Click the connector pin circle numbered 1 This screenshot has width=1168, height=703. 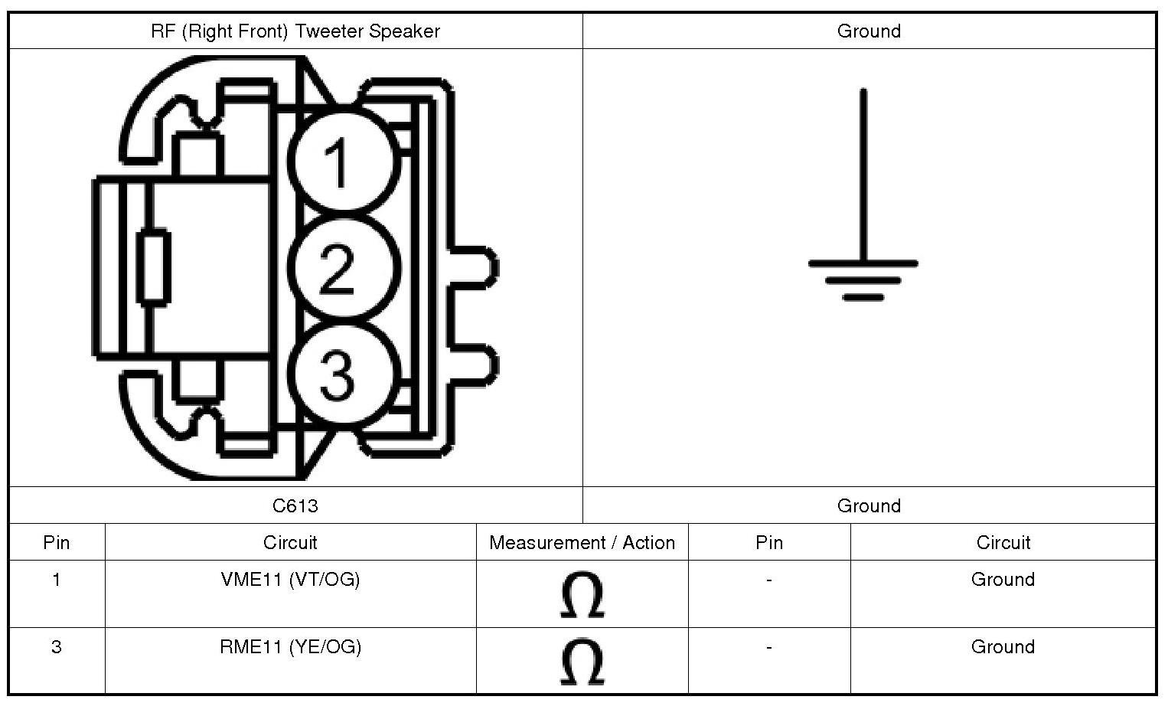344,162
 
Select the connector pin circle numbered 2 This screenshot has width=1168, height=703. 346,268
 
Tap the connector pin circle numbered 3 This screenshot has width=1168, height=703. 344,374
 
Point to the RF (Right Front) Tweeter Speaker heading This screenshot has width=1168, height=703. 295,31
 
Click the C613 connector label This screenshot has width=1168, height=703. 295,505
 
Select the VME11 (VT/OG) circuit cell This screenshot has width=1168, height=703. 290,580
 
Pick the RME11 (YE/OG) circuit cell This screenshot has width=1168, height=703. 290,647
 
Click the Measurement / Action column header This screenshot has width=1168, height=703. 582,543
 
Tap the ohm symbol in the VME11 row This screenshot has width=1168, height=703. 582,595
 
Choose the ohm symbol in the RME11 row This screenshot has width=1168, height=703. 582,662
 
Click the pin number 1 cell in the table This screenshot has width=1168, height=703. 56,580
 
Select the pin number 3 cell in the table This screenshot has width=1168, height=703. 56,647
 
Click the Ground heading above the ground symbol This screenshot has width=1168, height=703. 869,31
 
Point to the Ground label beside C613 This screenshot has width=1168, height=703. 869,505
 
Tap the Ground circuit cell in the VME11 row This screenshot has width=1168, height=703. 1003,580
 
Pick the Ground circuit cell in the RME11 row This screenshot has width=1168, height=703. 1003,647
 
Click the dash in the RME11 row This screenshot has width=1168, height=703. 768,648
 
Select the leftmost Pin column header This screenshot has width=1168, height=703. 56,543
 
